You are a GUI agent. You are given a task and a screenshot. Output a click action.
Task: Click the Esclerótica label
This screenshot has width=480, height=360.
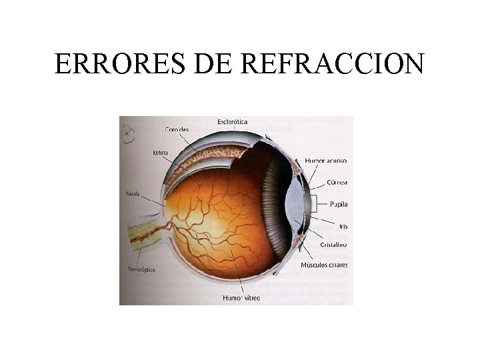click(x=233, y=121)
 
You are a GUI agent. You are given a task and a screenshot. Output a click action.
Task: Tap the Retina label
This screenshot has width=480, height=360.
click(x=160, y=153)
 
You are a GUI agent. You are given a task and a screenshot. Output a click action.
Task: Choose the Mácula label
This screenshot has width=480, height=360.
click(x=133, y=194)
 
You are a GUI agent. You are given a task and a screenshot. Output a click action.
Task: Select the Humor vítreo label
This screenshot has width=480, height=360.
click(x=241, y=297)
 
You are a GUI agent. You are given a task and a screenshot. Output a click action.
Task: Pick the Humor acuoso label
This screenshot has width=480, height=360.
click(x=326, y=161)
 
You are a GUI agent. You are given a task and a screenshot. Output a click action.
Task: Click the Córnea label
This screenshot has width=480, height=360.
click(x=337, y=182)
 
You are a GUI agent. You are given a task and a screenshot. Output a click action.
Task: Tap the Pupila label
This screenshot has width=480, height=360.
click(x=339, y=204)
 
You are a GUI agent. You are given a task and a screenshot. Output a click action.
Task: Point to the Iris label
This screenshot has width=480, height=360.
click(x=343, y=227)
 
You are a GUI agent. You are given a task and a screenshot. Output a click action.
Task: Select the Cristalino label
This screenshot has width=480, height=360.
click(x=333, y=245)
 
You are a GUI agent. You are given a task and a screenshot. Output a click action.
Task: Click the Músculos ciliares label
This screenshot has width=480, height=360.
click(x=324, y=265)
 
